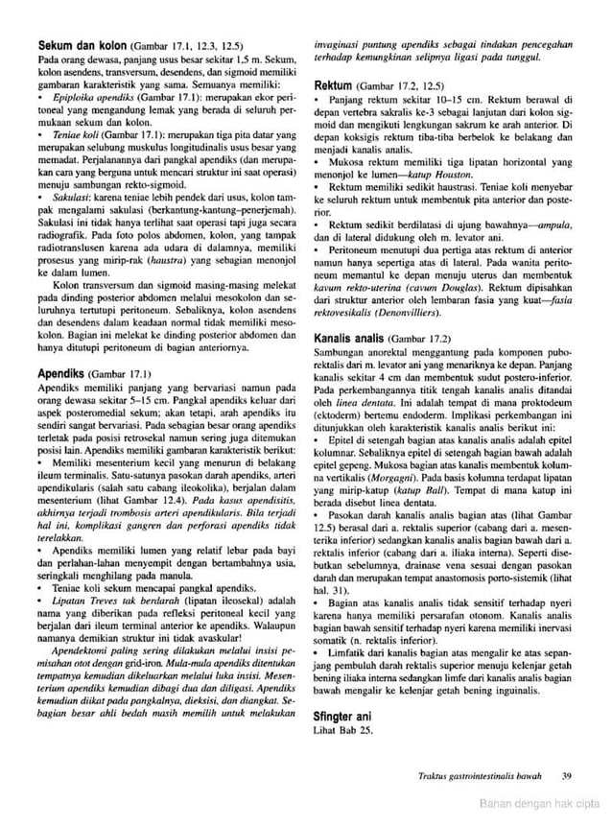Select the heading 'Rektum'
click(334, 85)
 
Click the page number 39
click(567, 776)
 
